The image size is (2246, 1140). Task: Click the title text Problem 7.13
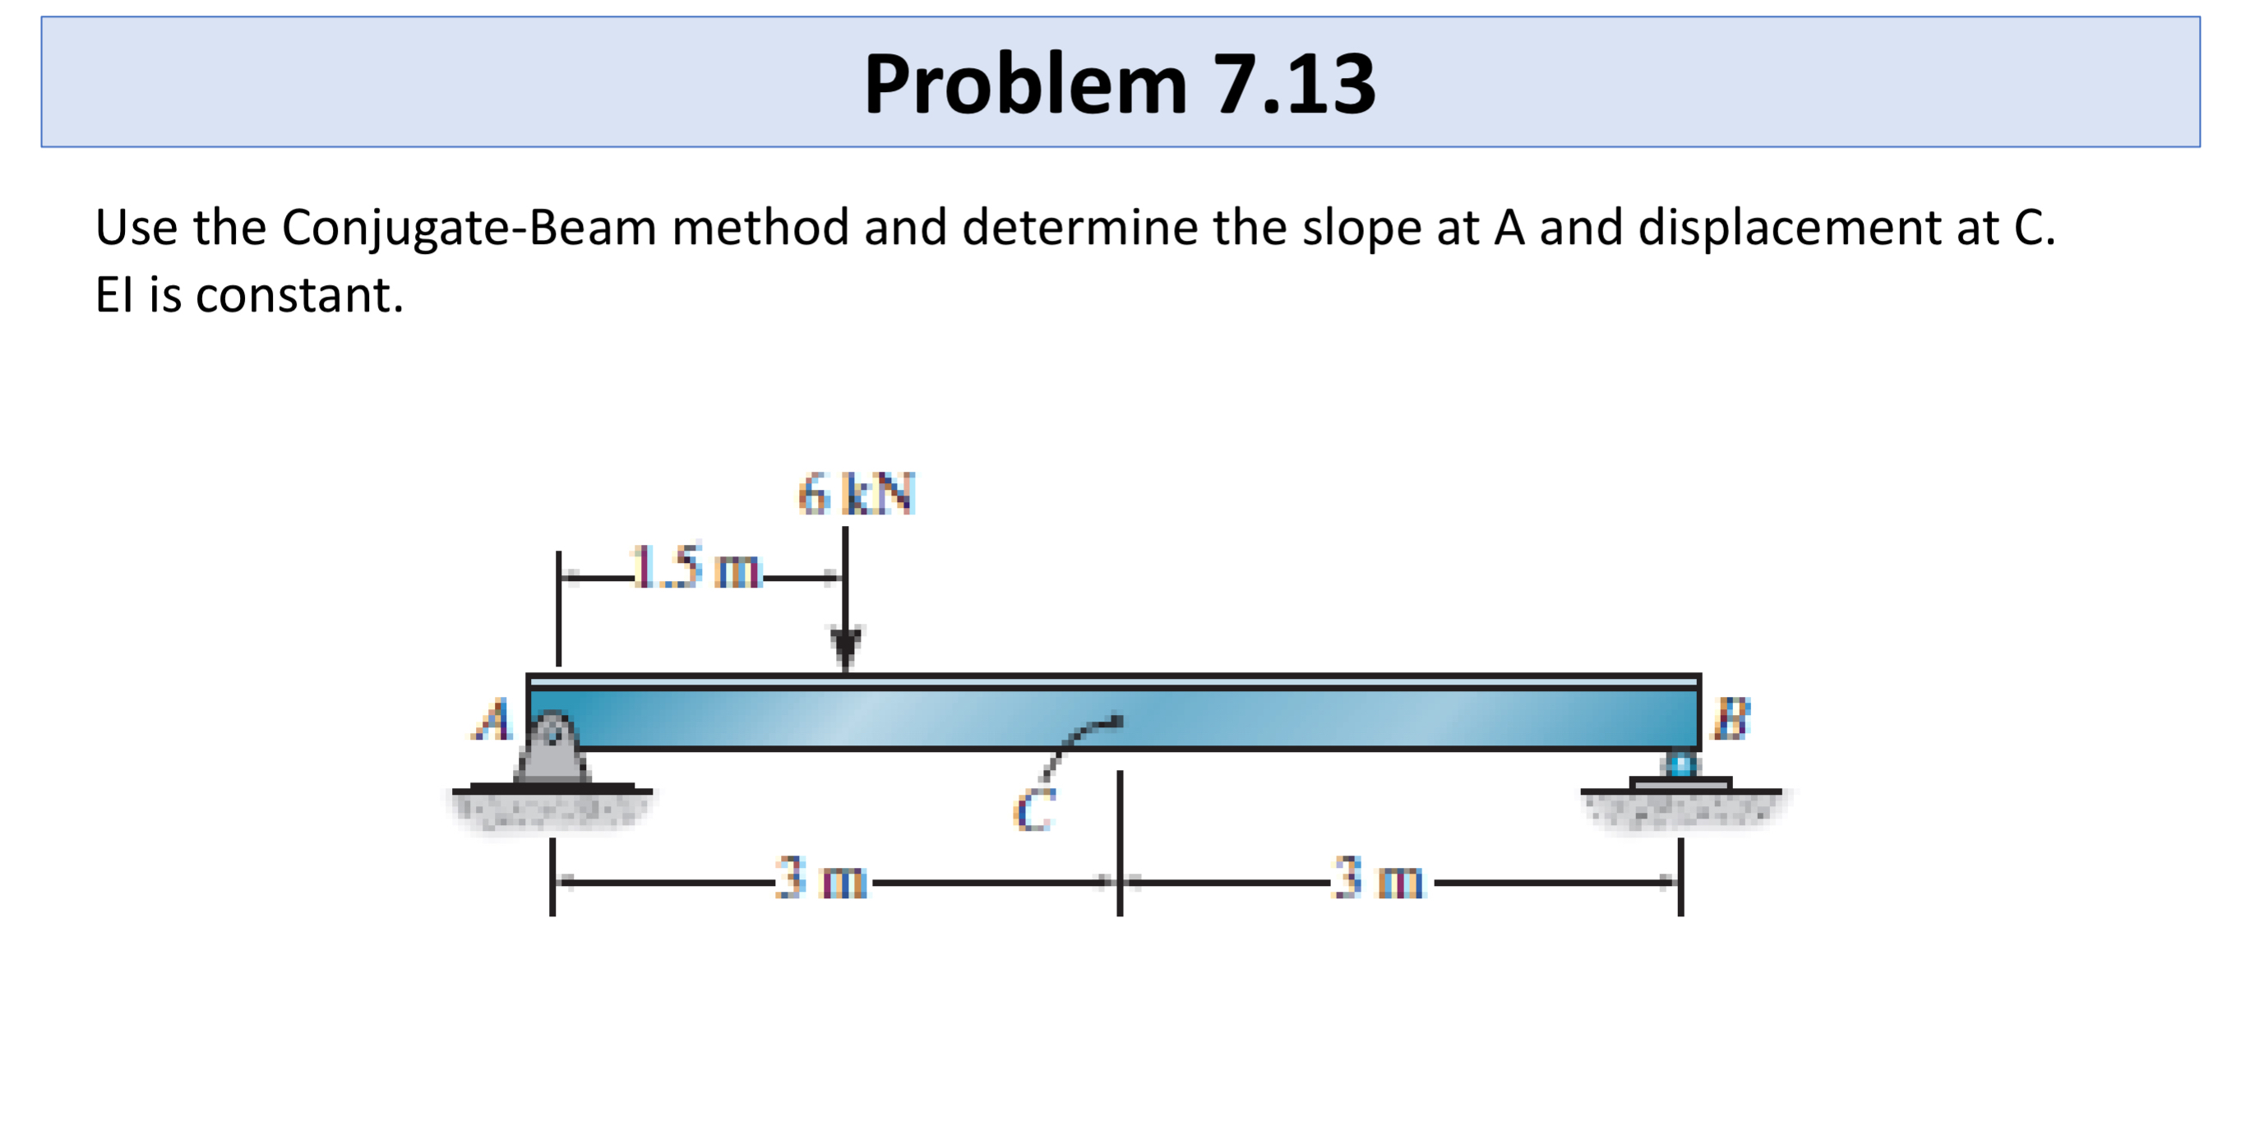tap(1120, 84)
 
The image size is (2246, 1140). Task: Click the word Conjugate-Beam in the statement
tap(469, 228)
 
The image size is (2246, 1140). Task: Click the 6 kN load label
tap(856, 494)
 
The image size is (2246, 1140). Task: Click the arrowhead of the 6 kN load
tap(845, 646)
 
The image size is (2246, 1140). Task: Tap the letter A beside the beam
tap(493, 720)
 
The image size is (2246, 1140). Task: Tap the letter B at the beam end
tap(1731, 718)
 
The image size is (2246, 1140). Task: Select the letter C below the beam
tap(1035, 810)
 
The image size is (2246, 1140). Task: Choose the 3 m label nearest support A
tap(820, 878)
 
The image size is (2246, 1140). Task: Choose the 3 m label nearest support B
tap(1378, 878)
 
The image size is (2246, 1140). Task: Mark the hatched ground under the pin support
tap(551, 808)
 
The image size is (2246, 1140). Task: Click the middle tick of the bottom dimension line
tap(1120, 882)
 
